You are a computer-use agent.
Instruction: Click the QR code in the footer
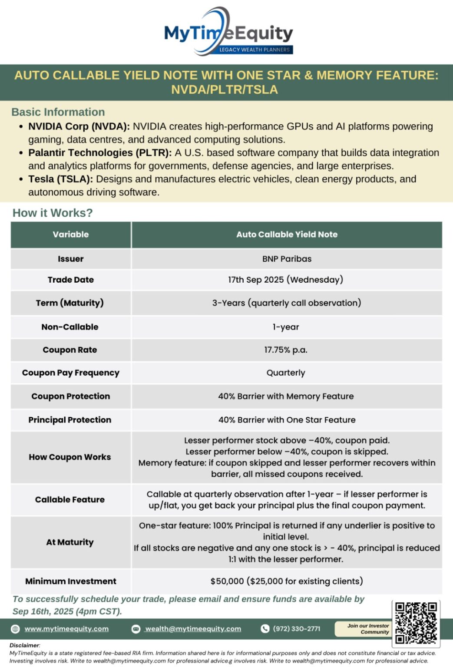click(x=416, y=623)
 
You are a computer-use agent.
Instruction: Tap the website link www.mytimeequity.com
click(x=66, y=629)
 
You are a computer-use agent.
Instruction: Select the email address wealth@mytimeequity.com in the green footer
click(x=193, y=629)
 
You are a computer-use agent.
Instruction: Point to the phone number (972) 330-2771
click(x=296, y=629)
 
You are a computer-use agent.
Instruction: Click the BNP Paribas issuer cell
click(x=287, y=259)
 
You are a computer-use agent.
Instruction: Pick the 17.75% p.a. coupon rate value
click(x=286, y=350)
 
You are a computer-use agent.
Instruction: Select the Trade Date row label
click(x=71, y=280)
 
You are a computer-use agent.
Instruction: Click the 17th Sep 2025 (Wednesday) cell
click(x=286, y=280)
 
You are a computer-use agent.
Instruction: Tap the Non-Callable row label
click(x=70, y=327)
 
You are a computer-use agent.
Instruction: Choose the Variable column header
click(x=71, y=234)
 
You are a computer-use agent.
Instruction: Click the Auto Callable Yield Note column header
click(x=287, y=234)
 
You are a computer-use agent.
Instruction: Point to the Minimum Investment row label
click(x=71, y=581)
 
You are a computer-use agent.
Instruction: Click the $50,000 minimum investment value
click(x=287, y=581)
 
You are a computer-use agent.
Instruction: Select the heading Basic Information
click(x=58, y=112)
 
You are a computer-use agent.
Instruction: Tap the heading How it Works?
click(x=53, y=213)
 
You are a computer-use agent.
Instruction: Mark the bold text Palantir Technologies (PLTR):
click(x=100, y=153)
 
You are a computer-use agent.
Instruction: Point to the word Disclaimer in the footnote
click(x=24, y=645)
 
